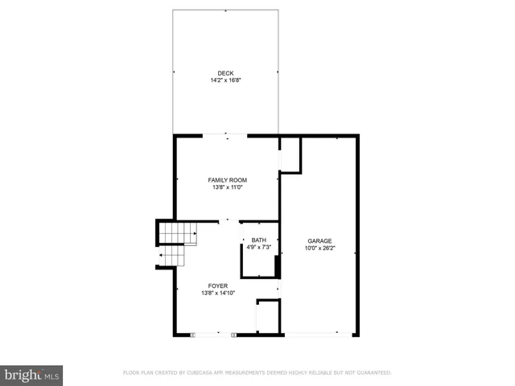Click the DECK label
(x=226, y=73)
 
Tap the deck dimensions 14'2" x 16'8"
(x=226, y=80)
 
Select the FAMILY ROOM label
(x=227, y=180)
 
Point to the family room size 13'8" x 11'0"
(x=227, y=187)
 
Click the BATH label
(x=258, y=240)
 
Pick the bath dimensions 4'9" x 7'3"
(x=258, y=247)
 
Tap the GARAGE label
(x=319, y=240)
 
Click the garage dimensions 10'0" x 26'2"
(x=319, y=248)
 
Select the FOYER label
(x=217, y=285)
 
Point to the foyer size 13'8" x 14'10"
(x=217, y=293)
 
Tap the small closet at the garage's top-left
(x=290, y=153)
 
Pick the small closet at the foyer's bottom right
(x=267, y=317)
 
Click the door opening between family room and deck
(x=227, y=136)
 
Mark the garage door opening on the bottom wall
(x=319, y=335)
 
